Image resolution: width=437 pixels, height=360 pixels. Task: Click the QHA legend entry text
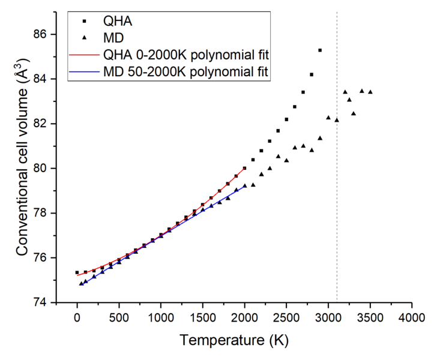coord(117,22)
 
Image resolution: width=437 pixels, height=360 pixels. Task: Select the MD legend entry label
coord(114,38)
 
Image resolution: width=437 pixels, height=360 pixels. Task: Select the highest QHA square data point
coord(320,50)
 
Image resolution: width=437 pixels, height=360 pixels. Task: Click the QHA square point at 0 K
coord(77,272)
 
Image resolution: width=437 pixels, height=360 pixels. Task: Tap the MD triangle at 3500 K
coord(370,92)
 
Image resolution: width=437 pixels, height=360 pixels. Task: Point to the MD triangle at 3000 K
coord(328,118)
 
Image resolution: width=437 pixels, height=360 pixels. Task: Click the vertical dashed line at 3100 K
coord(337,180)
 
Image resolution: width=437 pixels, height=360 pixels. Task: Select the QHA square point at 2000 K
coord(244,169)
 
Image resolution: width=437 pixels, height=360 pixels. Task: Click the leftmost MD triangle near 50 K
coord(81,283)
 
